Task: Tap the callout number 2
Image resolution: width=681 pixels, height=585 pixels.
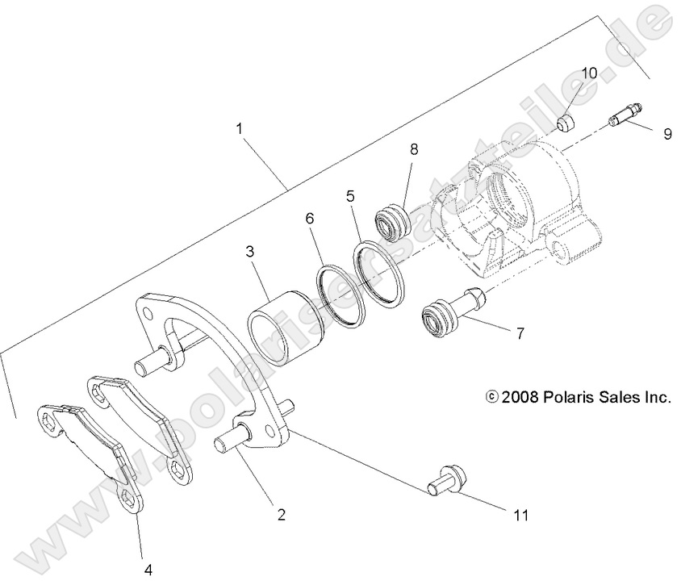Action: click(x=281, y=513)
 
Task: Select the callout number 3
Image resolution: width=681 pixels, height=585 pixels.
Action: click(x=250, y=252)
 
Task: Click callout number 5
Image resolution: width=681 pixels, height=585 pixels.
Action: click(x=350, y=195)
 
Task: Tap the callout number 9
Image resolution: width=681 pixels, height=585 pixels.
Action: click(x=666, y=134)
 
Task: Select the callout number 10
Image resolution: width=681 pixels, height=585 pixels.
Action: click(x=589, y=73)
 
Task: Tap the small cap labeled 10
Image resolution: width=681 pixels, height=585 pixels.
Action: click(x=568, y=123)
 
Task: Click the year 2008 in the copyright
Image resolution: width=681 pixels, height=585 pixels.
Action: click(x=520, y=398)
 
